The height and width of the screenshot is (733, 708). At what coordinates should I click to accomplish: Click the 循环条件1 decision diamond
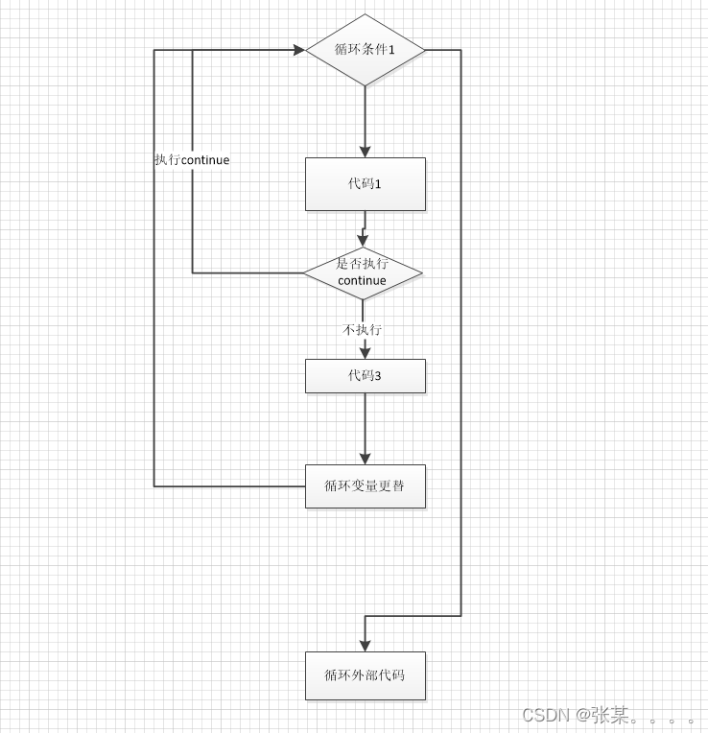pos(365,50)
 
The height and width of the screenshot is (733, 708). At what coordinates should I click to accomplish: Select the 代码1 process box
pos(365,183)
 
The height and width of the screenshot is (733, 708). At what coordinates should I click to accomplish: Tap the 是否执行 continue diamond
pos(363,273)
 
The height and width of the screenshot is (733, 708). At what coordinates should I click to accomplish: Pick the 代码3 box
pos(365,376)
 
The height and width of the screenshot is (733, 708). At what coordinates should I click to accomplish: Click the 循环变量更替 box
pos(365,486)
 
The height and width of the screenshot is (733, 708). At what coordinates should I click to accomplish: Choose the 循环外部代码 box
pos(365,675)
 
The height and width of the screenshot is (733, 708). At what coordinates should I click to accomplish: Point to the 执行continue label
pos(192,160)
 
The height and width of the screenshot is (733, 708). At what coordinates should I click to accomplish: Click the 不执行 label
pos(363,329)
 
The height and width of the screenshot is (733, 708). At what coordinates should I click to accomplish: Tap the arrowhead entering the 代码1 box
pos(365,152)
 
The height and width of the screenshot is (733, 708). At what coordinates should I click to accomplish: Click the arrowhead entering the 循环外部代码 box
pos(365,645)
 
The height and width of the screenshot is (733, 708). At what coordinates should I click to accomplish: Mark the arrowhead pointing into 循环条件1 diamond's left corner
pos(299,50)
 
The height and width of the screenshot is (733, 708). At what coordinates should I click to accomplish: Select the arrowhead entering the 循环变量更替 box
pos(365,459)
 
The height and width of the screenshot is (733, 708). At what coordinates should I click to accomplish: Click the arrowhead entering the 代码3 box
pos(365,353)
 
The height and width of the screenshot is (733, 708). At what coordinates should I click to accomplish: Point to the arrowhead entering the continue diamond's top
pos(363,241)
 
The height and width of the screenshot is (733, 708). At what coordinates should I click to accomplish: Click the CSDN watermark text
pos(546,715)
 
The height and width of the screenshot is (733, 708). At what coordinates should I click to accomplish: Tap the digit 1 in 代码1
pos(378,183)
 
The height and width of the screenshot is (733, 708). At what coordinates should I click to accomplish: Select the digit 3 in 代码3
pos(378,376)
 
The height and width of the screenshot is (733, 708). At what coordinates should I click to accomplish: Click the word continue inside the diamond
pos(362,281)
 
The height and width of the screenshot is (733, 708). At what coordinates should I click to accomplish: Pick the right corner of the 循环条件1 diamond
pos(423,50)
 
